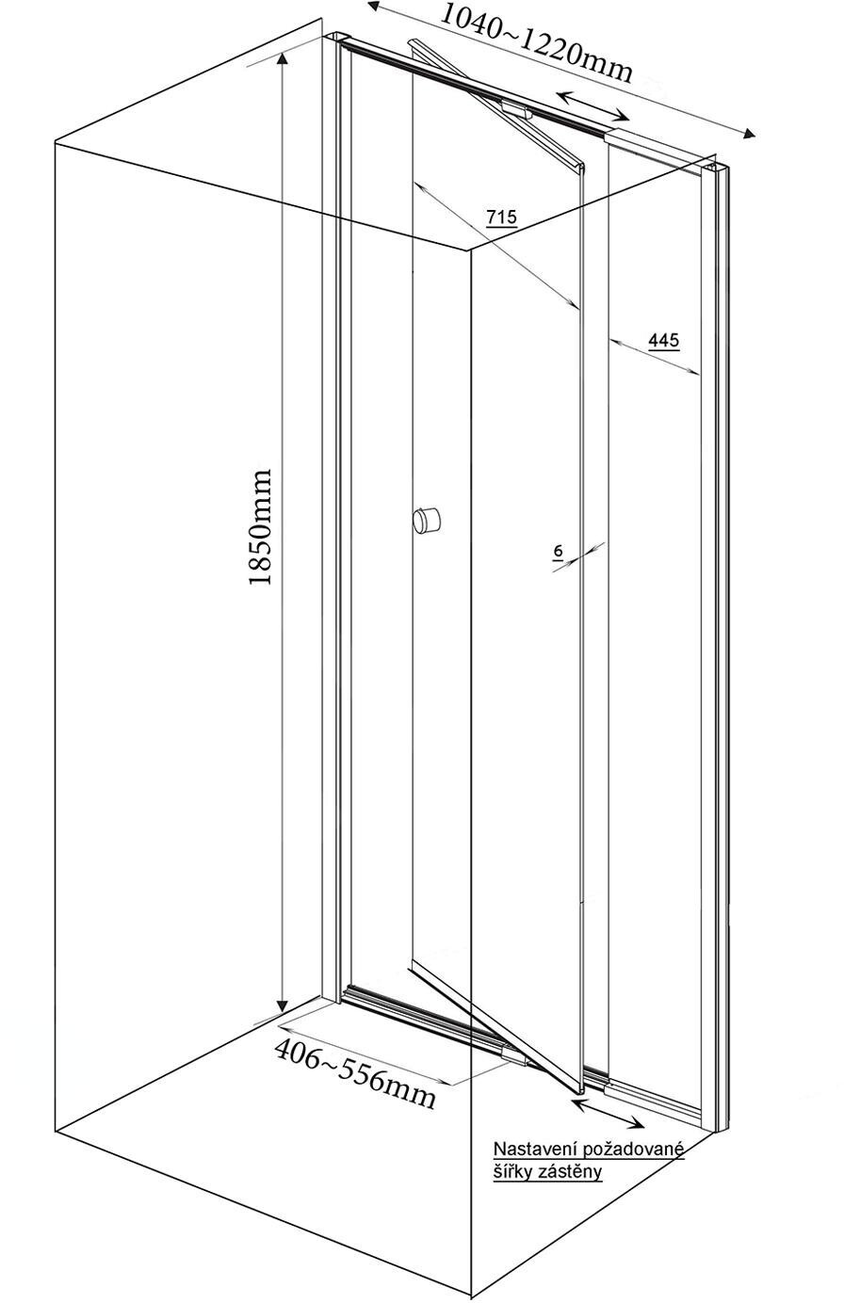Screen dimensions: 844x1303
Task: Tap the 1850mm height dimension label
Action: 260,527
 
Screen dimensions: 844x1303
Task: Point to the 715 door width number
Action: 501,217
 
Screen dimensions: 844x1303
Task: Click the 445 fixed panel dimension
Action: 664,340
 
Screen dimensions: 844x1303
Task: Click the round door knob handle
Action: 426,519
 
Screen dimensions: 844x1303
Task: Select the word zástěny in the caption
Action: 570,1172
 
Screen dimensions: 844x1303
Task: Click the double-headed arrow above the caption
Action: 609,1112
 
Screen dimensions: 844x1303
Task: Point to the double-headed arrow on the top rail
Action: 593,105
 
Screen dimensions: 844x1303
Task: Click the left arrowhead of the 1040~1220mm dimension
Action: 373,7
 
